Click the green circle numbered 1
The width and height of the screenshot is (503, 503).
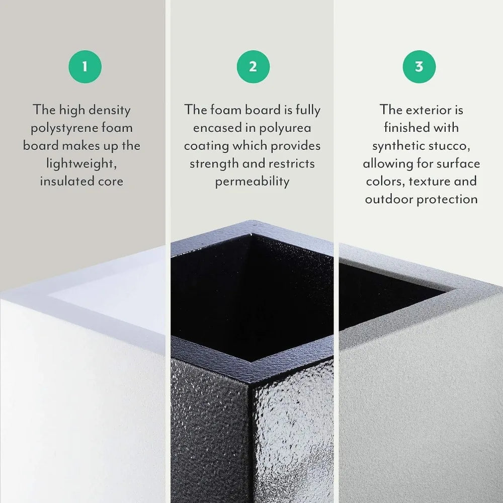85,66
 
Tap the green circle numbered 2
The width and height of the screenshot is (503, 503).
253,66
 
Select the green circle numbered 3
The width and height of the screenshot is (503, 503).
419,66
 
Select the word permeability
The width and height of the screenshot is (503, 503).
252,181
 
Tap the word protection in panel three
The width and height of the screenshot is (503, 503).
448,199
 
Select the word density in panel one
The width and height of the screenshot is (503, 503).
109,110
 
